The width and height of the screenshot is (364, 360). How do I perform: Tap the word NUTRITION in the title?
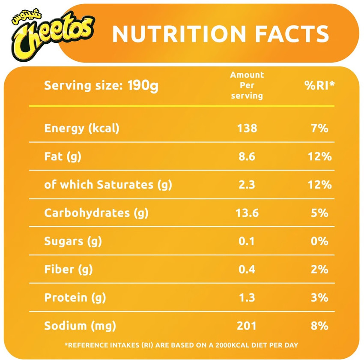179,34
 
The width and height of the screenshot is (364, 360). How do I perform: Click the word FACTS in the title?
292,34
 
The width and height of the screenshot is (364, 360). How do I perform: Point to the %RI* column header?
319,85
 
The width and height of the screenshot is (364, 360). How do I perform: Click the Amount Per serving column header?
247,85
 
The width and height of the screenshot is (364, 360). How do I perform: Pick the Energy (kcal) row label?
82,129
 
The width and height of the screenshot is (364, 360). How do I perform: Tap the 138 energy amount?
247,128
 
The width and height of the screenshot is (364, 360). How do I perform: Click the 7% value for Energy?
319,128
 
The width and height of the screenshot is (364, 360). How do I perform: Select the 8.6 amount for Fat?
247,156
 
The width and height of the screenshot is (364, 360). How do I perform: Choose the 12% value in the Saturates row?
319,185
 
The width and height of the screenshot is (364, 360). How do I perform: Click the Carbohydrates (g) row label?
96,213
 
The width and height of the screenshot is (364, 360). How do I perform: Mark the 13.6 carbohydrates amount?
247,213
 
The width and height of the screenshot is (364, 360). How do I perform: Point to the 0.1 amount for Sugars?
247,241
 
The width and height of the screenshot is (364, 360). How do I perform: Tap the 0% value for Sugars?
319,241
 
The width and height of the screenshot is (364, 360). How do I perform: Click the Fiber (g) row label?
69,270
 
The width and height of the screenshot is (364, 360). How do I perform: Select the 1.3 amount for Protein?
247,298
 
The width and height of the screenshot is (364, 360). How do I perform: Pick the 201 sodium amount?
247,326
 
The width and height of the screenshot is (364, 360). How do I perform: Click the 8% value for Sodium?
319,326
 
